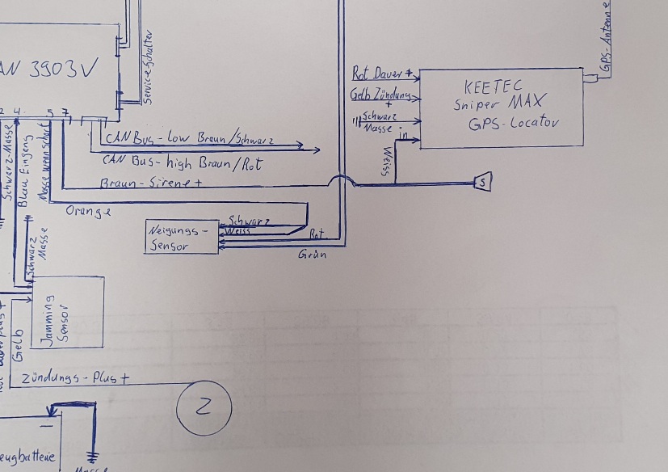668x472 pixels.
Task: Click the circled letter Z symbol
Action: (204, 407)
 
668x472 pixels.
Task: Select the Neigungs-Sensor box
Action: (182, 237)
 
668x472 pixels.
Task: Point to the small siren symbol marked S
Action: (482, 183)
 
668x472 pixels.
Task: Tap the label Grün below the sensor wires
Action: (312, 255)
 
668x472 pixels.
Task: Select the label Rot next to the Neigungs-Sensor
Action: (317, 234)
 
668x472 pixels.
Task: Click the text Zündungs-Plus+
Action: (76, 378)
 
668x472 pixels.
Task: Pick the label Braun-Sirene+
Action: (150, 183)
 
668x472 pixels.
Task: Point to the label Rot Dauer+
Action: (383, 74)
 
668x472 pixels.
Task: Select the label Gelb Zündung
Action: (380, 95)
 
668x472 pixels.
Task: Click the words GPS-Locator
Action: (514, 124)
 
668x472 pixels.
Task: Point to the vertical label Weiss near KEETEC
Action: (389, 161)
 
